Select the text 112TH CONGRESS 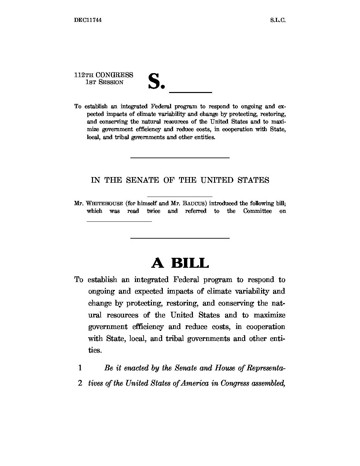point(104,75)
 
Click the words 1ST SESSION point(104,82)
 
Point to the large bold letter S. point(154,81)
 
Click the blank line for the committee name point(119,221)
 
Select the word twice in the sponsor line point(153,211)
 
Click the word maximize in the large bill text point(269,315)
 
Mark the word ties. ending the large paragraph point(94,350)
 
